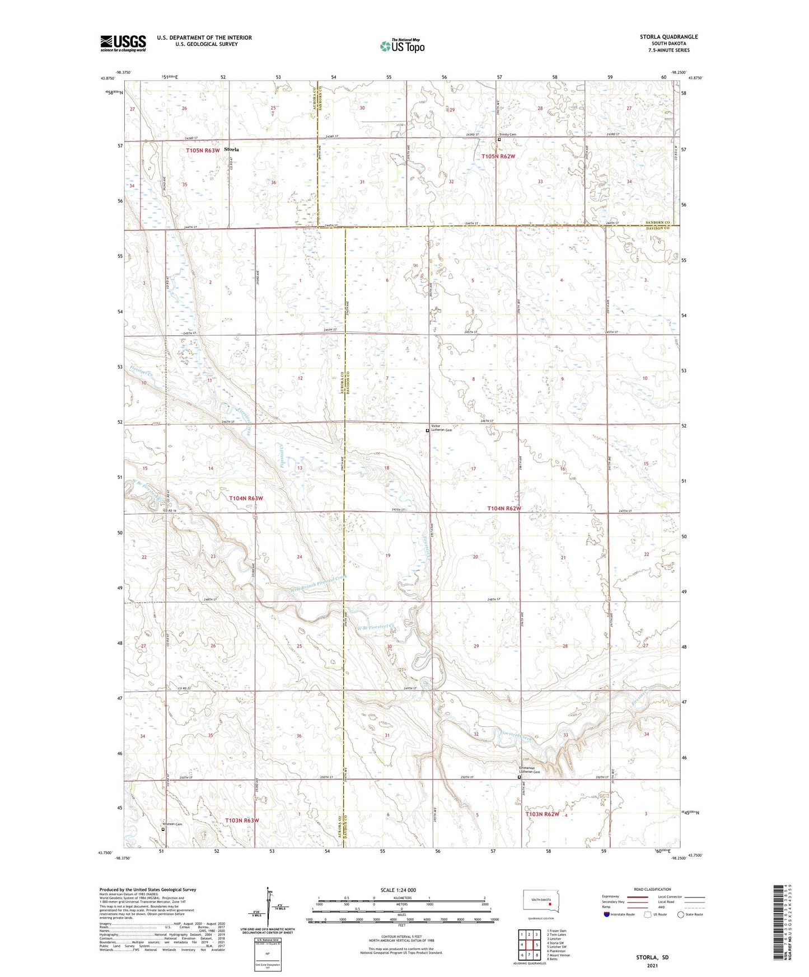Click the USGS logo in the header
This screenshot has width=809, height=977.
point(123,43)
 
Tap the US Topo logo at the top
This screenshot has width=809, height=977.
point(402,45)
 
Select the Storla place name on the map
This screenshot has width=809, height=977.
point(231,149)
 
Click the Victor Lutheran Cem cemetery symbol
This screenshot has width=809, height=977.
point(427,431)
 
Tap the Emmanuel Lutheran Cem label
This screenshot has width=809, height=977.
point(529,770)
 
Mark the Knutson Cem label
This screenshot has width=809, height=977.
point(172,824)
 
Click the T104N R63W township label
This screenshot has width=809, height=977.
point(246,498)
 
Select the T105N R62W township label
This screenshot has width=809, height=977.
point(498,157)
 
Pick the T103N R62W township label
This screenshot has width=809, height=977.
point(542,814)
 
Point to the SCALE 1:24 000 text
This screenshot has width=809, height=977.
point(398,890)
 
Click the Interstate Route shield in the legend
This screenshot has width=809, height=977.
point(607,914)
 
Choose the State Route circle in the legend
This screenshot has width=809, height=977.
point(681,914)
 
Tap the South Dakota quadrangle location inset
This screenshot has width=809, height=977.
point(537,901)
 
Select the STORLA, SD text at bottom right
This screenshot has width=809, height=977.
point(652,957)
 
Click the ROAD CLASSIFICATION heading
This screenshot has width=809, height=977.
point(652,889)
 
